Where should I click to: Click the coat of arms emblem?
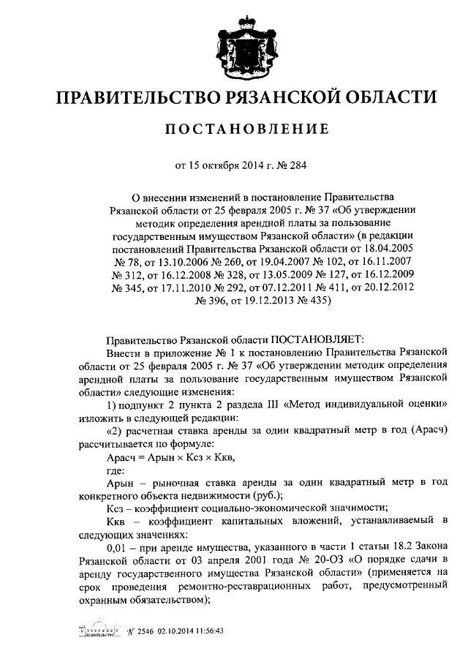234,47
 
